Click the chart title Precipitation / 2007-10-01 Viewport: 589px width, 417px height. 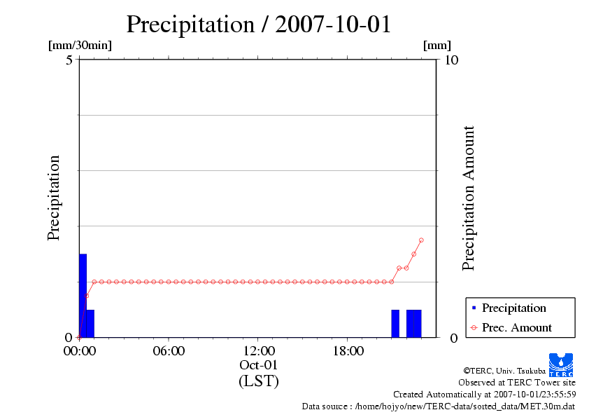point(258,25)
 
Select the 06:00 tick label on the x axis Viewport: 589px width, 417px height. point(169,351)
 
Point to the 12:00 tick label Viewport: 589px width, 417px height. point(258,351)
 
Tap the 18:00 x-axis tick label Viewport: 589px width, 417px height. point(348,351)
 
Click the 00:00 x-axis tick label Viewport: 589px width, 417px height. point(79,351)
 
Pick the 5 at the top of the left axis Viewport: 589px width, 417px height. point(69,60)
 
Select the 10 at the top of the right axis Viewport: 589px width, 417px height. point(451,60)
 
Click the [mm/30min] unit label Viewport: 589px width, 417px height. point(80,46)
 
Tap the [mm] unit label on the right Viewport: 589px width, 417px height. point(437,46)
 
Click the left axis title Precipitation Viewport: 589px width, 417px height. point(54,198)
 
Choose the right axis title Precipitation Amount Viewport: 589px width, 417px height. point(469,198)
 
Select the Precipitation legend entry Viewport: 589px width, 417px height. point(513,308)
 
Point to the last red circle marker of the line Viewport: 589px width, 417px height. point(421,240)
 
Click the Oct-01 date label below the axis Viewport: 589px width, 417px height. point(258,366)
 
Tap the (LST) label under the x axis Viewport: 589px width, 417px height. point(258,381)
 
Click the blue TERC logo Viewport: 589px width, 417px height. point(560,364)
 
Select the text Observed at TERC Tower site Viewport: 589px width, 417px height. point(517,383)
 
